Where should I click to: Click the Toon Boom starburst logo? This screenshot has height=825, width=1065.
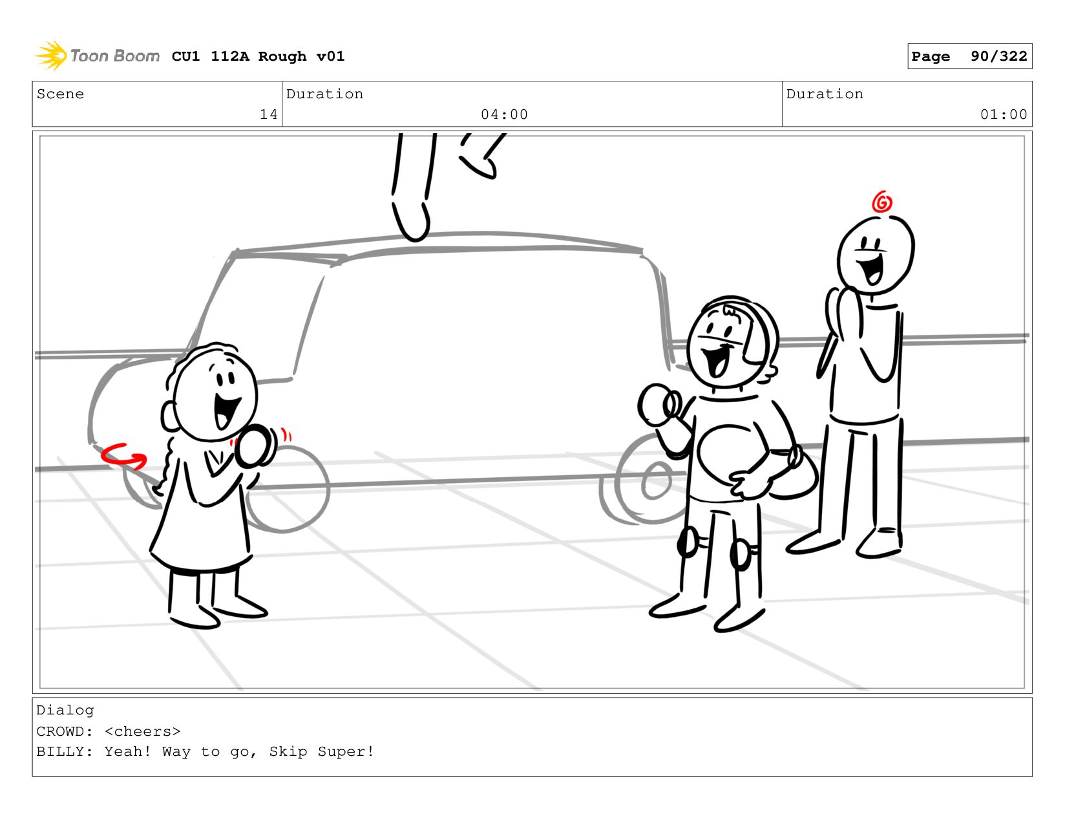pos(51,56)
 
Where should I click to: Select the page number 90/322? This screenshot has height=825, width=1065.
pos(998,56)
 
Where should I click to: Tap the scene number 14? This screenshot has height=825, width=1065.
pos(268,114)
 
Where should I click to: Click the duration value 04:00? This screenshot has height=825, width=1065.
pos(504,114)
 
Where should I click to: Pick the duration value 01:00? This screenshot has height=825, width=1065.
pos(1003,114)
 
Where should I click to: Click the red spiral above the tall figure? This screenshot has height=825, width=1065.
pos(881,202)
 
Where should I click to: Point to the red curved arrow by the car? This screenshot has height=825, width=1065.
pos(123,457)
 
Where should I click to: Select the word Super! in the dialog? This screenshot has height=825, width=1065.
pos(346,751)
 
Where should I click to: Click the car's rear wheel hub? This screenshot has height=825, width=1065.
pos(656,480)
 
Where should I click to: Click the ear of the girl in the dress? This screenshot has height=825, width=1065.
pos(168,416)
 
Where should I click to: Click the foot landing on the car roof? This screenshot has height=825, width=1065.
pos(411,220)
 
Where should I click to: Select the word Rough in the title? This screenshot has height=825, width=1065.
pos(282,56)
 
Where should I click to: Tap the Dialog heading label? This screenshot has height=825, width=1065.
pos(65,711)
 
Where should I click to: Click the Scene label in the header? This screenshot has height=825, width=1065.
pos(60,94)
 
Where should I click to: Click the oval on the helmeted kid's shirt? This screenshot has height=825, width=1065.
pos(729,456)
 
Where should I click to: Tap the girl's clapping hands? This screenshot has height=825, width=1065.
pos(255,445)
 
